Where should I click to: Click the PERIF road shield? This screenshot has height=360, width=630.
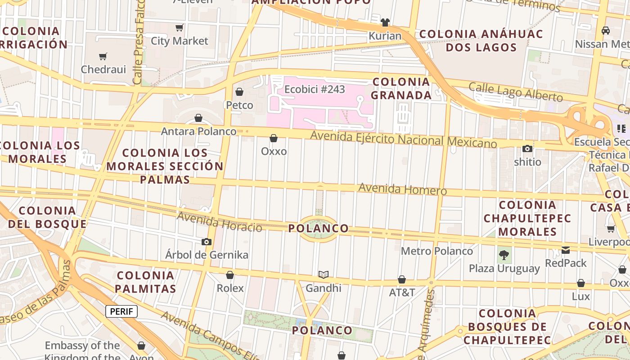(x=121, y=311)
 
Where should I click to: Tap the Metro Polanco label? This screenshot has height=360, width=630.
(x=436, y=251)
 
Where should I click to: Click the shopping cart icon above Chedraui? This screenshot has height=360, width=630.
(x=103, y=56)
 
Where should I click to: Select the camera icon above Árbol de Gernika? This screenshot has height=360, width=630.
(x=207, y=242)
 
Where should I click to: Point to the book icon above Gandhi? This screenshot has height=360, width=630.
(x=324, y=274)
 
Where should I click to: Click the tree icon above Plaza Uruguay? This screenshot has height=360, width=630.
(x=504, y=255)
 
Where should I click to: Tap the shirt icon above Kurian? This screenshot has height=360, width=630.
(x=385, y=22)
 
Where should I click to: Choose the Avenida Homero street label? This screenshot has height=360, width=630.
(x=402, y=189)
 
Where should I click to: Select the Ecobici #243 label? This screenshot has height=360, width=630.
(x=315, y=89)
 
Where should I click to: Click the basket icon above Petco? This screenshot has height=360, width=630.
(x=239, y=92)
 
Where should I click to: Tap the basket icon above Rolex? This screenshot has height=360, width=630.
(x=230, y=275)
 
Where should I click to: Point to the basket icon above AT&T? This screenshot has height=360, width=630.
(x=402, y=279)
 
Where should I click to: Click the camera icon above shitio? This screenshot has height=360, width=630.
(x=527, y=148)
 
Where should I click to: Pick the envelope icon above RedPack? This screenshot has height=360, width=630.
(x=566, y=250)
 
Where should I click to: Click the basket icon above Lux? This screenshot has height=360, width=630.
(x=581, y=283)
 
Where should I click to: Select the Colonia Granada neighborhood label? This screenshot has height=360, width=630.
(x=401, y=89)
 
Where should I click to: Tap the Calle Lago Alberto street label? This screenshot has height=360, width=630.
(x=516, y=92)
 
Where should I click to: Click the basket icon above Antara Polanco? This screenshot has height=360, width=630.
(x=198, y=118)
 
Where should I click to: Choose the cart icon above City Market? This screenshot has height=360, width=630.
(x=180, y=28)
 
